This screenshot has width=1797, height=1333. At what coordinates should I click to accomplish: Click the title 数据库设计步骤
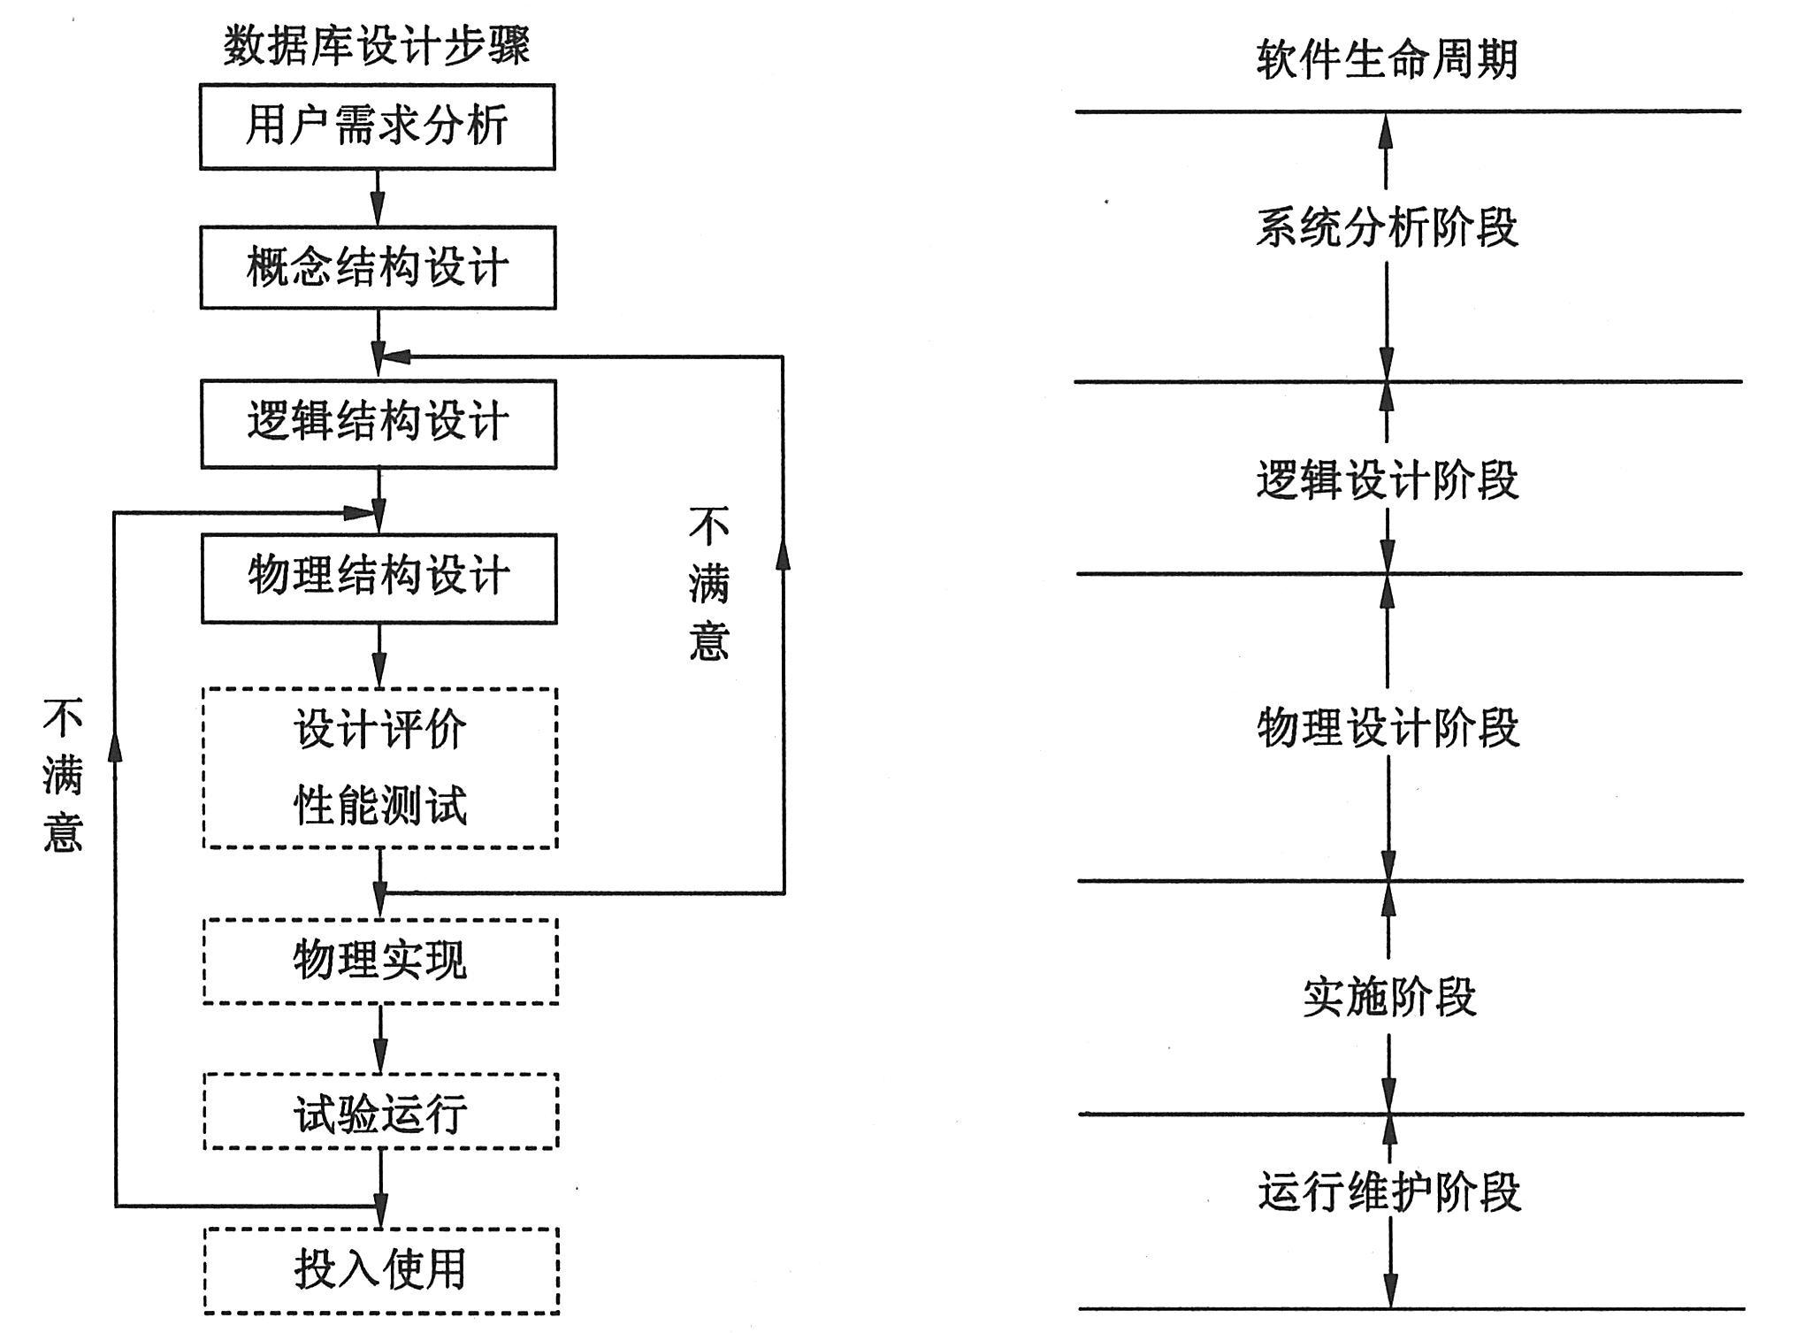[x=377, y=46]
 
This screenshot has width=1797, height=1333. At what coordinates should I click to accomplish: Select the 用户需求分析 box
[x=377, y=126]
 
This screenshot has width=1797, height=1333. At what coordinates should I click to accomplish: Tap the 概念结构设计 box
[x=378, y=267]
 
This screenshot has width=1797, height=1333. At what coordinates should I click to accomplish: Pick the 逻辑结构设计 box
[x=379, y=423]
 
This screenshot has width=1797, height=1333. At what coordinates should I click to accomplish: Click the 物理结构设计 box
[x=379, y=578]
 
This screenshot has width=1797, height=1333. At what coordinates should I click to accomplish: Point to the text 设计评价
[x=380, y=731]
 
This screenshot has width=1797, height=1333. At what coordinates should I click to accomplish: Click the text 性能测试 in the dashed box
[x=380, y=806]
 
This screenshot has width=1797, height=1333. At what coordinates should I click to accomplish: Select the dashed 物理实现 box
[x=380, y=961]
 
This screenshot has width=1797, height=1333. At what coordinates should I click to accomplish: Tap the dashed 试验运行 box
[x=380, y=1112]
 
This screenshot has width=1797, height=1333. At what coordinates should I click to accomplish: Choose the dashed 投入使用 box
[x=380, y=1269]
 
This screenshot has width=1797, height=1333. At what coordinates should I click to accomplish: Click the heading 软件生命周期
[x=1387, y=60]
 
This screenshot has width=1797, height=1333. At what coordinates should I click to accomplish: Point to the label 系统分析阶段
[x=1387, y=228]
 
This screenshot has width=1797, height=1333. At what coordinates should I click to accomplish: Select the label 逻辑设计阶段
[x=1387, y=480]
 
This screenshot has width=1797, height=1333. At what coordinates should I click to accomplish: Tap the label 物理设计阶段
[x=1388, y=728]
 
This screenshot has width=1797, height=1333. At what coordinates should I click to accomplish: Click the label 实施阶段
[x=1388, y=997]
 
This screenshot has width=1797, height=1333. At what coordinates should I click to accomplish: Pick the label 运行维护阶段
[x=1389, y=1191]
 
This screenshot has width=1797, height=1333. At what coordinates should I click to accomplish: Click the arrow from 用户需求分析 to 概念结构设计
[x=378, y=197]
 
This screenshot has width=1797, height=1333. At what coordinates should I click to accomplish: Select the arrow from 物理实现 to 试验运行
[x=380, y=1038]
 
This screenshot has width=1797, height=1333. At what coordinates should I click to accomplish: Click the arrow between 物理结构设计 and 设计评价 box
[x=379, y=655]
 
